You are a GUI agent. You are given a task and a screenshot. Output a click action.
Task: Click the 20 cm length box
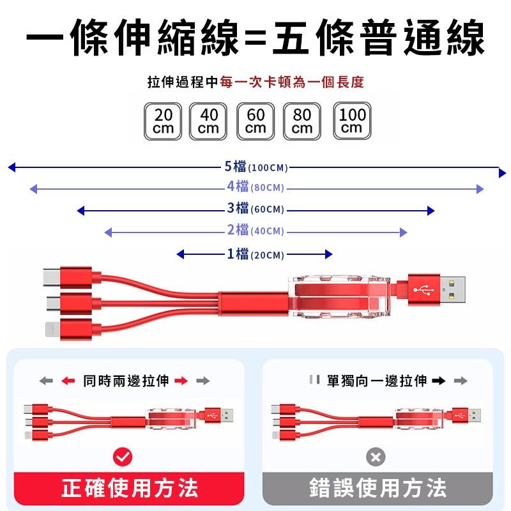pos(164,121)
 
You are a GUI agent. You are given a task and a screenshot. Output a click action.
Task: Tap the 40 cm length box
pos(209,121)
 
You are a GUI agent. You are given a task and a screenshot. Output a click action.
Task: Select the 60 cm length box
pos(256,121)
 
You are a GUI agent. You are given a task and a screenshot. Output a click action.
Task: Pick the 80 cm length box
pos(302,121)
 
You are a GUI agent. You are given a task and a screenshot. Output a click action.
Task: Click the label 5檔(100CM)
pos(256,167)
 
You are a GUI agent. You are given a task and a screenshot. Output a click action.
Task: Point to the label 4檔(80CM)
pos(255,187)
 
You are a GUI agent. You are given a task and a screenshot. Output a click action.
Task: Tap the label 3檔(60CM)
pos(256,209)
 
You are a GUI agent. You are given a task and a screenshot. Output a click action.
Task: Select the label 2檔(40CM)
pos(256,231)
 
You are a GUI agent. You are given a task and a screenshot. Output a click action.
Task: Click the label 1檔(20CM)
pos(255,254)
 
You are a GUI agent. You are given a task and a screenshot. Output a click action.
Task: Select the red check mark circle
pos(122,457)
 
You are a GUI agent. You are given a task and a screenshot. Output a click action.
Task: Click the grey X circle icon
pos(376,457)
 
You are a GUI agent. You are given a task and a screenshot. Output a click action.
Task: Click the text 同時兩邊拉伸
pos(126,381)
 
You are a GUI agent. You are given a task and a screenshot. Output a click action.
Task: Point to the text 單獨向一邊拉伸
pos(376,381)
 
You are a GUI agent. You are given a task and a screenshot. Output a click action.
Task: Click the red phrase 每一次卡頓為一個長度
pos(291,82)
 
